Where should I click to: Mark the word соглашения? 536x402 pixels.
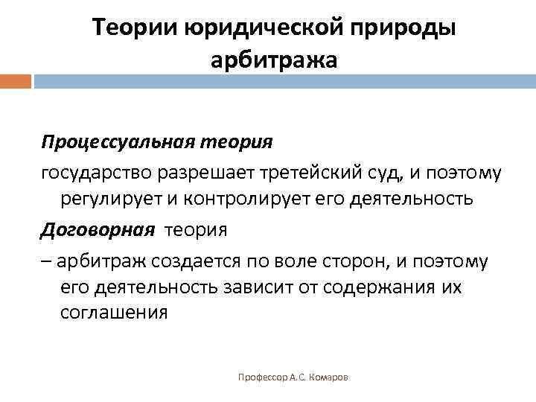113,313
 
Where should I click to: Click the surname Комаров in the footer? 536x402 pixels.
331,378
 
